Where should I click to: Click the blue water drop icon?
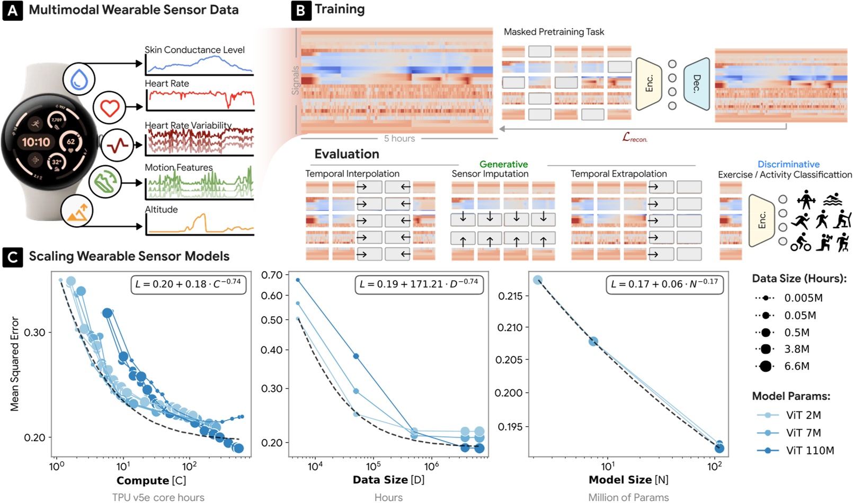click(x=79, y=79)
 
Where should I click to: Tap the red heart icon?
click(x=110, y=107)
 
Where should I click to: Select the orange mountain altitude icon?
click(x=77, y=211)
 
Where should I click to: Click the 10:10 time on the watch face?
click(x=36, y=142)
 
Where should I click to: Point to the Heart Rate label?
click(x=167, y=84)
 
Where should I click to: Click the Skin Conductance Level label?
click(x=194, y=50)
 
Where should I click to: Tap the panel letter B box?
click(x=300, y=10)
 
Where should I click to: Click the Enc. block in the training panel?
click(x=649, y=84)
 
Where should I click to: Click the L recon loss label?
click(x=635, y=138)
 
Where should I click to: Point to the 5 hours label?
click(x=399, y=139)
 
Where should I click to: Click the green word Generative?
click(x=503, y=165)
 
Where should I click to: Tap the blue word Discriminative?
click(x=788, y=165)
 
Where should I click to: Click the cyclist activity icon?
click(x=801, y=242)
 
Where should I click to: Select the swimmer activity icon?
click(x=833, y=200)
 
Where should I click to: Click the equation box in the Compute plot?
click(x=188, y=284)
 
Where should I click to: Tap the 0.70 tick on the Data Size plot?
click(x=272, y=275)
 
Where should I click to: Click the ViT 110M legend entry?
click(x=795, y=451)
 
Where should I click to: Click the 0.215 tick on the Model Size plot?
click(x=511, y=296)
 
